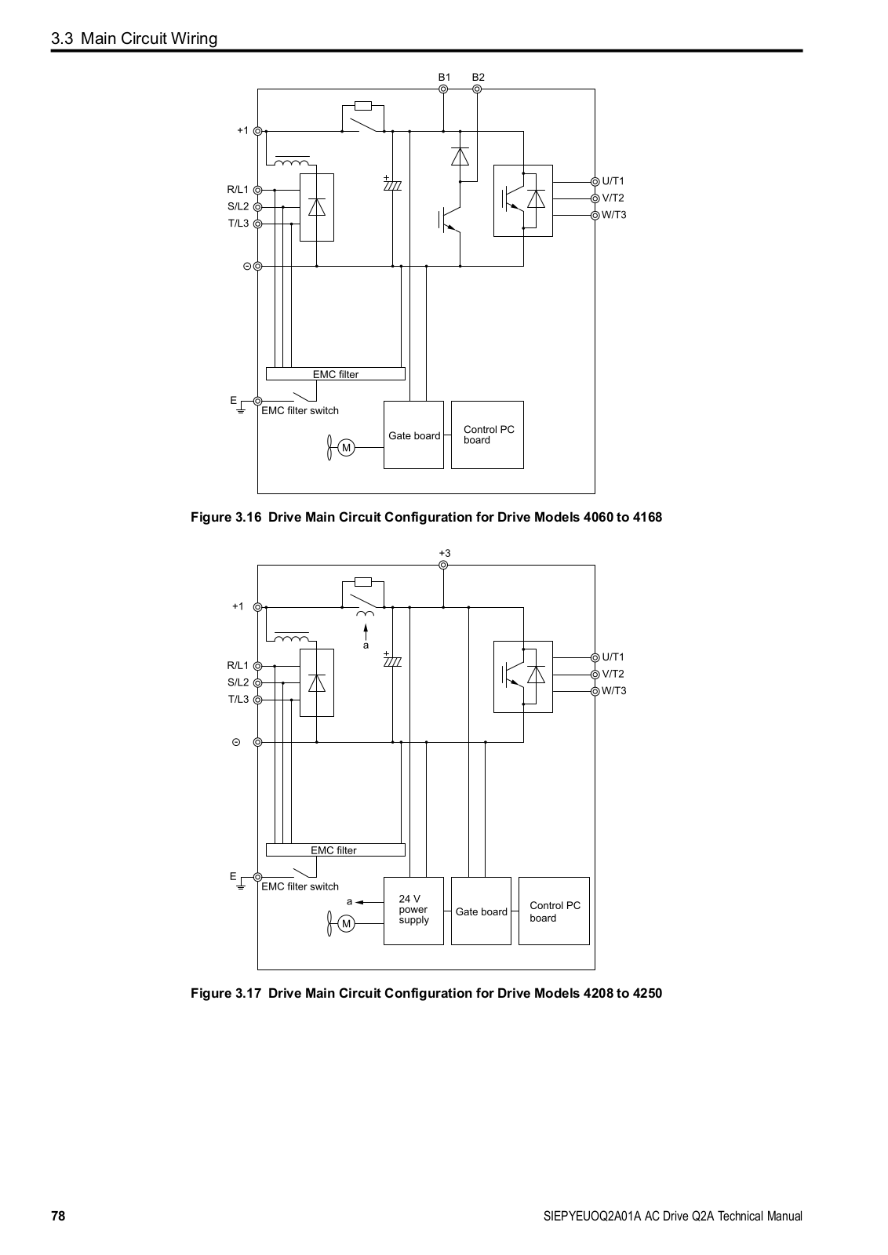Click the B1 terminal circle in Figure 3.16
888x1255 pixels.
(443, 89)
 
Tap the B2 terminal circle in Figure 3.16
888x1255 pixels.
(477, 89)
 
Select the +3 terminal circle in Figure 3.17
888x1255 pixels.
(443, 566)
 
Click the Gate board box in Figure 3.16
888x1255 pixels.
(413, 435)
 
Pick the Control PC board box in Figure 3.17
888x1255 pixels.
(554, 911)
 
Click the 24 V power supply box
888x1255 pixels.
(413, 911)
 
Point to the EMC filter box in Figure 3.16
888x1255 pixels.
(336, 373)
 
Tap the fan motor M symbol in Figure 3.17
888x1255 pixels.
(346, 924)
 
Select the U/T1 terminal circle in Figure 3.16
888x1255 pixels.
(595, 181)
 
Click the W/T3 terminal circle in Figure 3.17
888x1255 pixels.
(595, 691)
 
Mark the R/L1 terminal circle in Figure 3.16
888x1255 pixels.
(258, 191)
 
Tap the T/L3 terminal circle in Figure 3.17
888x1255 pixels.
(258, 700)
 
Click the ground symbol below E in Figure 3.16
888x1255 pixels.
(241, 411)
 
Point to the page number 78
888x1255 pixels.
(58, 1216)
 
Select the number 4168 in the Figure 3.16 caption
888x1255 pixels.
(647, 517)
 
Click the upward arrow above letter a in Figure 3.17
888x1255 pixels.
(366, 632)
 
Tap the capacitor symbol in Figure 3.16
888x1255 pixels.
(392, 184)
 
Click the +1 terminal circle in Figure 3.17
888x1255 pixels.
(258, 607)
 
